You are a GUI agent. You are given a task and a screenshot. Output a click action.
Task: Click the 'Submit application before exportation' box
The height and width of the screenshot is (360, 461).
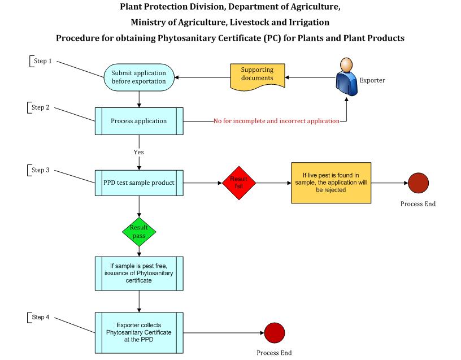pyautogui.click(x=138, y=77)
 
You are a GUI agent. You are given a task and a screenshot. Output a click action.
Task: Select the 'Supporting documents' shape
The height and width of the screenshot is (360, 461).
pyautogui.click(x=257, y=77)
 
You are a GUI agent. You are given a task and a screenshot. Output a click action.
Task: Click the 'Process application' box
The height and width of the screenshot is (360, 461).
pyautogui.click(x=138, y=121)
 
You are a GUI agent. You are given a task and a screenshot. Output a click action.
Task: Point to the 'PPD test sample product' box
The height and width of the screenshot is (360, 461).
pyautogui.click(x=138, y=183)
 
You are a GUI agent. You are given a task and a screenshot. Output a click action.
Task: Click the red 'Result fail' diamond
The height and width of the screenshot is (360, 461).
pyautogui.click(x=238, y=183)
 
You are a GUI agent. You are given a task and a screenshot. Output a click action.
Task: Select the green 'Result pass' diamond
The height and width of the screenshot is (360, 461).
pyautogui.click(x=139, y=231)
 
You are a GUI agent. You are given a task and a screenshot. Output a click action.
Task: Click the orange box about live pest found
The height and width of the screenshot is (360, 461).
pyautogui.click(x=331, y=183)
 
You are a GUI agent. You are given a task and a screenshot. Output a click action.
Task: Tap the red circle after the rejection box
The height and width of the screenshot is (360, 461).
pyautogui.click(x=418, y=183)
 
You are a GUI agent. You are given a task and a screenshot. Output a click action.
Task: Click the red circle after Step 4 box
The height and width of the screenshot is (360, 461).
pyautogui.click(x=275, y=332)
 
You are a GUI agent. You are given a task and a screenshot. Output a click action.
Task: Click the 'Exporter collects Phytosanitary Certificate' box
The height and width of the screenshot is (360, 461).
pyautogui.click(x=138, y=332)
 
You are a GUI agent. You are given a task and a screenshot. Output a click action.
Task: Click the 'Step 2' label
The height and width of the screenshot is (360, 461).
pyautogui.click(x=41, y=107)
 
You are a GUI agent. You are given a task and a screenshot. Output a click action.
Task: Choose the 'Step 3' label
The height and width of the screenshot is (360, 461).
pyautogui.click(x=41, y=170)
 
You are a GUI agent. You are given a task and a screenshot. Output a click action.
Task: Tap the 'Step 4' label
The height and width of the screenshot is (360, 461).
pyautogui.click(x=41, y=317)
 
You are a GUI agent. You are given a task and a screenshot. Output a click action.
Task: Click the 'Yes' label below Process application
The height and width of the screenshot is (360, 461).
pyautogui.click(x=138, y=152)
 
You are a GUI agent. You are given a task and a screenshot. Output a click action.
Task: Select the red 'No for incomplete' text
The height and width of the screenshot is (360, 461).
pyautogui.click(x=276, y=121)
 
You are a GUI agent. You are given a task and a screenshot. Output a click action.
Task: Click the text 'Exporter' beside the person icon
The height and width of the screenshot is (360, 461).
pyautogui.click(x=372, y=80)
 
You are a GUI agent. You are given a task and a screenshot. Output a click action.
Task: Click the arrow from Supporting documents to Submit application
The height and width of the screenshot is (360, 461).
pyautogui.click(x=202, y=77)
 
